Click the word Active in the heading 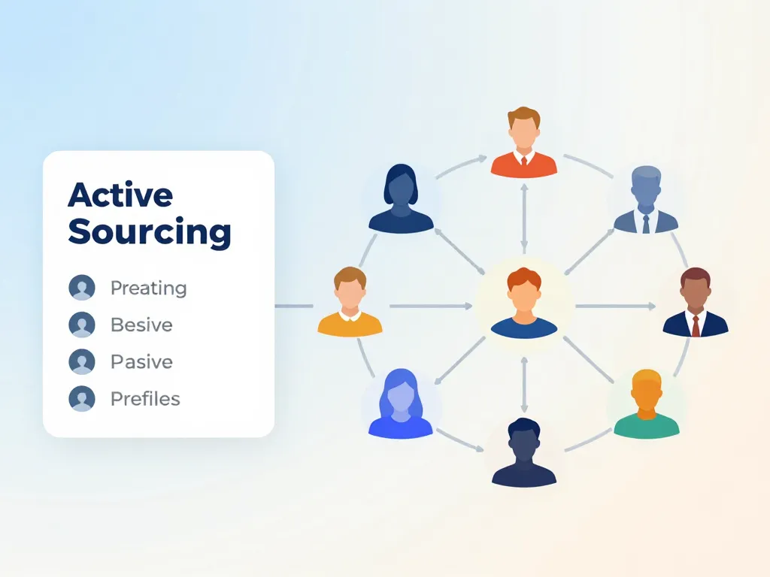point(120,195)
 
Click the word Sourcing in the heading point(150,232)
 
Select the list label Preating point(148,288)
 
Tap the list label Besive point(141,325)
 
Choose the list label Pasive point(141,361)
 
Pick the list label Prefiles point(145,398)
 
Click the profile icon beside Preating point(82,288)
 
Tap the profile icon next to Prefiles point(82,398)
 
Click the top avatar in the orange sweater point(524,144)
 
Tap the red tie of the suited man point(696,325)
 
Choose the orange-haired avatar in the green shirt point(647,406)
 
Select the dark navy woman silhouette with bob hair point(401,199)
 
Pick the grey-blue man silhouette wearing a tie point(646,201)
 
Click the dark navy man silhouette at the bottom point(524,453)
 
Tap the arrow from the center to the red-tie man point(617,307)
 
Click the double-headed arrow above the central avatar point(524,218)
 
